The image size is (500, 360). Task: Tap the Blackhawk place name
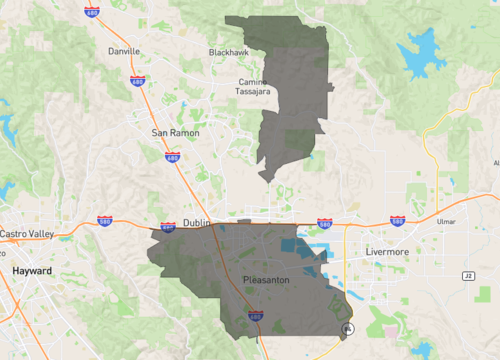229,52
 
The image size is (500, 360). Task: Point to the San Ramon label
175,132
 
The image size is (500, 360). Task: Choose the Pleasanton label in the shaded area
266,280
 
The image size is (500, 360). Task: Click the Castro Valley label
28,234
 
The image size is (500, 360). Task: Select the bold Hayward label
32,271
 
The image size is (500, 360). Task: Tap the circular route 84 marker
347,328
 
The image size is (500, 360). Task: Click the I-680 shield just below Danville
137,80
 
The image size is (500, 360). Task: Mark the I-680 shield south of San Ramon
174,157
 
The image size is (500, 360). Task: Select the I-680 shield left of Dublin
167,228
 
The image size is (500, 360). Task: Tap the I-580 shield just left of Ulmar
397,220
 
